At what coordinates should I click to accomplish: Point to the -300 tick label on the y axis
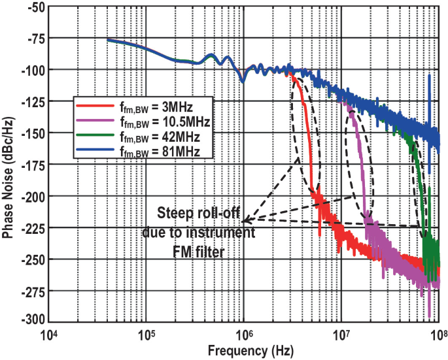click(31, 320)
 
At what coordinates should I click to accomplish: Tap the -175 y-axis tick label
click(31, 165)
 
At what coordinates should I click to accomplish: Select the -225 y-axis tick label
click(31, 227)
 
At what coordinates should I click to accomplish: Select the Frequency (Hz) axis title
click(243, 351)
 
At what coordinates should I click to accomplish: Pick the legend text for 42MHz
click(159, 136)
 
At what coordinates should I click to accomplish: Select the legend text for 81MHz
click(159, 151)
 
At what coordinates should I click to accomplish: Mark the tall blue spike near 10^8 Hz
click(429, 85)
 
